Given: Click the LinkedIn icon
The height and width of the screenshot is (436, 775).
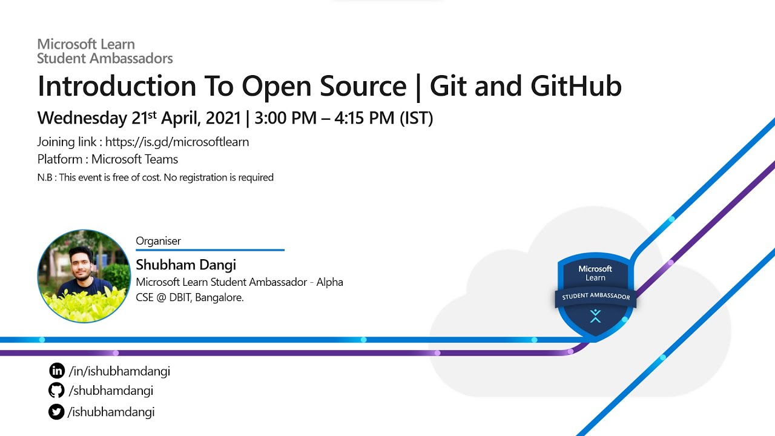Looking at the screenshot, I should pos(56,371).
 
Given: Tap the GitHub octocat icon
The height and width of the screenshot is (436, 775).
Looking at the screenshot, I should pos(56,391).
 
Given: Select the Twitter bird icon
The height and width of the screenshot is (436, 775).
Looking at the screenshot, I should pos(56,412).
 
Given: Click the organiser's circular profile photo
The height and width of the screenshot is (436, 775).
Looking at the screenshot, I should pos(84,276).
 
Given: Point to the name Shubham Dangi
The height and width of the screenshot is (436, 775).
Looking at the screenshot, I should pos(186,265).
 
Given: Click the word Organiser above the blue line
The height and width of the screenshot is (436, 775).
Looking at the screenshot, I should pos(158,241).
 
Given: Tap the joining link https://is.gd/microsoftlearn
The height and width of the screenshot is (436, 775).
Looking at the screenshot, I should pos(177,142).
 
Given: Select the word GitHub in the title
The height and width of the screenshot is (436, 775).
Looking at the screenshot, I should pos(576,87).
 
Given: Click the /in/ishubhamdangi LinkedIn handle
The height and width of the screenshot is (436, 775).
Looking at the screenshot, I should pos(119,371).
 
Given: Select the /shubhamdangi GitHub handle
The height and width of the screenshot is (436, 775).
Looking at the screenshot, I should pos(111,391).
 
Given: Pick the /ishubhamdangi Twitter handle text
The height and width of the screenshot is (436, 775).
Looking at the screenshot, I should pos(112,412).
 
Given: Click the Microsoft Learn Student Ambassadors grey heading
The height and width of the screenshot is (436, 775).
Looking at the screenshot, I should pos(105,51).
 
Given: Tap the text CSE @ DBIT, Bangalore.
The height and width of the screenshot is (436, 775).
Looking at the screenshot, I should pos(190,297).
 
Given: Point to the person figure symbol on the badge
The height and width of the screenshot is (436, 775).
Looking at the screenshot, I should pos(595,315).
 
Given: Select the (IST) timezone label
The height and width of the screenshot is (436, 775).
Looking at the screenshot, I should pos(416,118).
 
